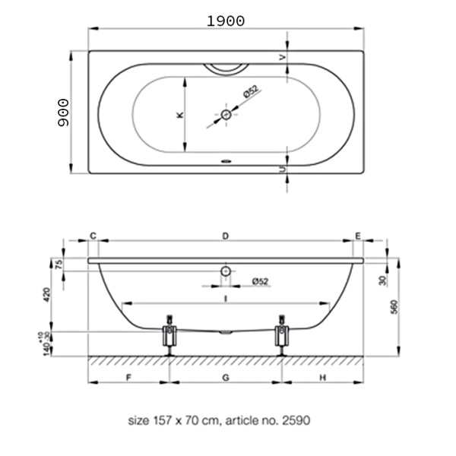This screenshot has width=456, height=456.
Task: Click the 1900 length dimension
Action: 226,21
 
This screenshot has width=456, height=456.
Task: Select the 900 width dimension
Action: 63,112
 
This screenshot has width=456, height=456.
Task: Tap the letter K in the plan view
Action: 180,115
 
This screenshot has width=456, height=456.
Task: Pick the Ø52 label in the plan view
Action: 251,91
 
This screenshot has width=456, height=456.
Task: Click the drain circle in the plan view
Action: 226,115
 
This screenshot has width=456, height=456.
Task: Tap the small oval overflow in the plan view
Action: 226,161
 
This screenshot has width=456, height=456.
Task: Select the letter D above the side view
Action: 226,236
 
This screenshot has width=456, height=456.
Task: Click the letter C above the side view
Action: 93,236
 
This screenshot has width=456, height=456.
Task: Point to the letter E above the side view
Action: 358,236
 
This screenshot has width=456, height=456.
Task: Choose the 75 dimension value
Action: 59,264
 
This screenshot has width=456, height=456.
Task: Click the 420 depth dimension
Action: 47,295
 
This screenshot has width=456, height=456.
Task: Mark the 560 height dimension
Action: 394,307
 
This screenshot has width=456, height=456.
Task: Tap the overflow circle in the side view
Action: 226,271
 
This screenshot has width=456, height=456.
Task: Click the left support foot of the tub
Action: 169,336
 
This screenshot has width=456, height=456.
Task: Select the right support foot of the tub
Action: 281,336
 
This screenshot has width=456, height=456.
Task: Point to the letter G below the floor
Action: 226,378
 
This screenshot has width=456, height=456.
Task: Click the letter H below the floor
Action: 323,378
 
